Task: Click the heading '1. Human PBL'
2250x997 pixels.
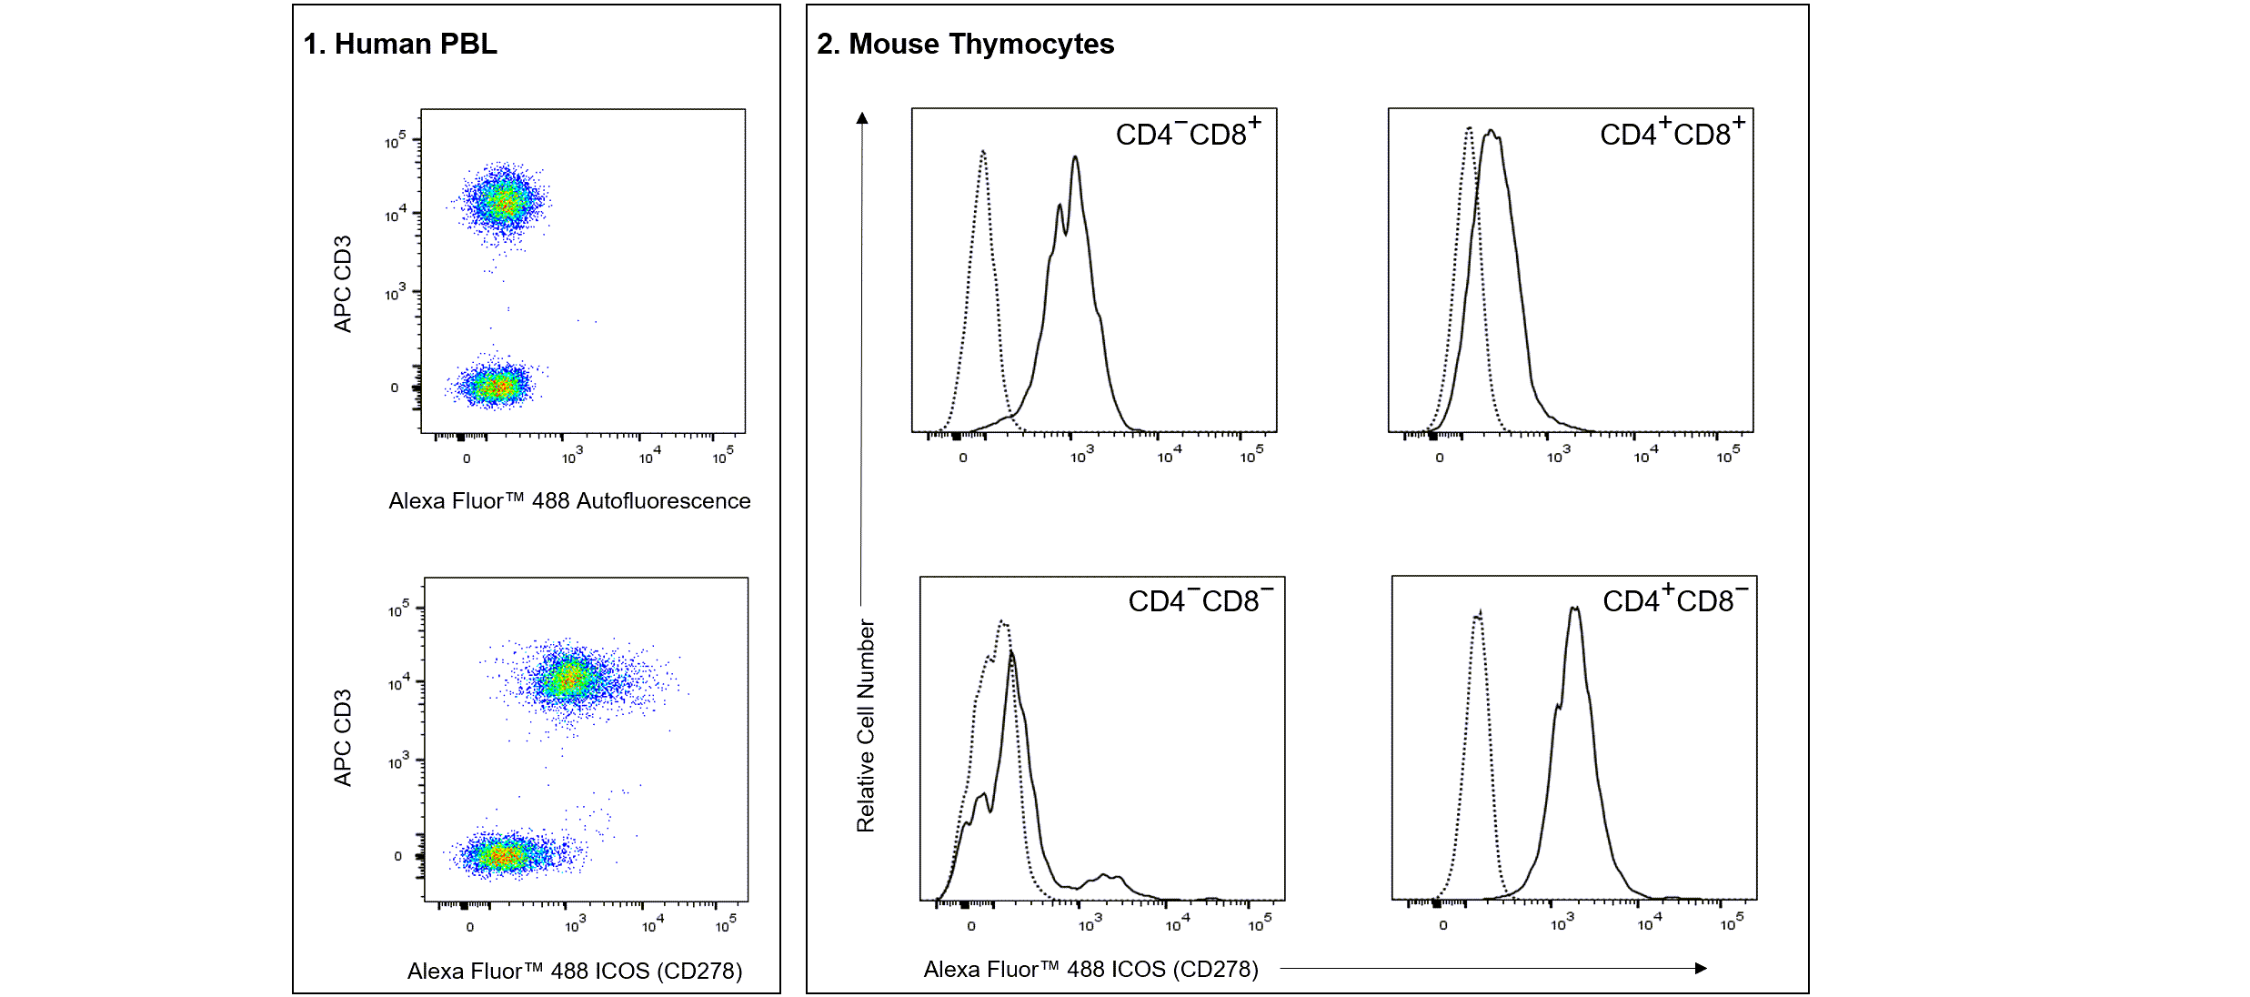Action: pyautogui.click(x=400, y=44)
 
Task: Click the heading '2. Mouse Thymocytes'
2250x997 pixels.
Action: pyautogui.click(x=965, y=44)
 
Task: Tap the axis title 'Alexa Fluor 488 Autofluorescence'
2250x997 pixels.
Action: pyautogui.click(x=569, y=500)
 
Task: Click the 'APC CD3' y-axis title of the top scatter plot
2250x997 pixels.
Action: pyautogui.click(x=342, y=284)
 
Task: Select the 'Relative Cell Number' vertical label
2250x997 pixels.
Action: pyautogui.click(x=865, y=726)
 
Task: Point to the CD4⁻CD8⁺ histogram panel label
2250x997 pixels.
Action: pyautogui.click(x=1188, y=132)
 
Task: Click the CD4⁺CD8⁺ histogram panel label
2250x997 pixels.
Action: pyautogui.click(x=1672, y=132)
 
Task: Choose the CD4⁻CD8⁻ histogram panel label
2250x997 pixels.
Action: pyautogui.click(x=1200, y=599)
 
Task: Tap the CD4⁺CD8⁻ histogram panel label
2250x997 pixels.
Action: pyautogui.click(x=1675, y=599)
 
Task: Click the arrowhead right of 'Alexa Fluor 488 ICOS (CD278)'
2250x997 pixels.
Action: pyautogui.click(x=1701, y=969)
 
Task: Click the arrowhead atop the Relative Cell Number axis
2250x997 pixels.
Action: pyautogui.click(x=862, y=117)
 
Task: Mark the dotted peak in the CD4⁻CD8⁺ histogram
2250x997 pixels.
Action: pyautogui.click(x=983, y=151)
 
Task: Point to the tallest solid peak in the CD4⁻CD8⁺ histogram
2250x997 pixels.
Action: pyautogui.click(x=1075, y=157)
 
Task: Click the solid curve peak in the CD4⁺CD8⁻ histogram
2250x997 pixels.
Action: pyautogui.click(x=1574, y=608)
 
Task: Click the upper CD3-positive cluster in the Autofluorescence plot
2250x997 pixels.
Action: pyautogui.click(x=503, y=201)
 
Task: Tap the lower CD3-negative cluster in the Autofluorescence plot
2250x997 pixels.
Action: pyautogui.click(x=495, y=386)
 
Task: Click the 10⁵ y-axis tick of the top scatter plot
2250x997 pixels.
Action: pyautogui.click(x=396, y=140)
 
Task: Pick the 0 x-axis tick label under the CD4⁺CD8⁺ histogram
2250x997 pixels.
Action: pyautogui.click(x=1440, y=458)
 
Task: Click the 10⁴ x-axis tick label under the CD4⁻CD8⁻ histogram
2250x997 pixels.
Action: pyautogui.click(x=1178, y=924)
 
